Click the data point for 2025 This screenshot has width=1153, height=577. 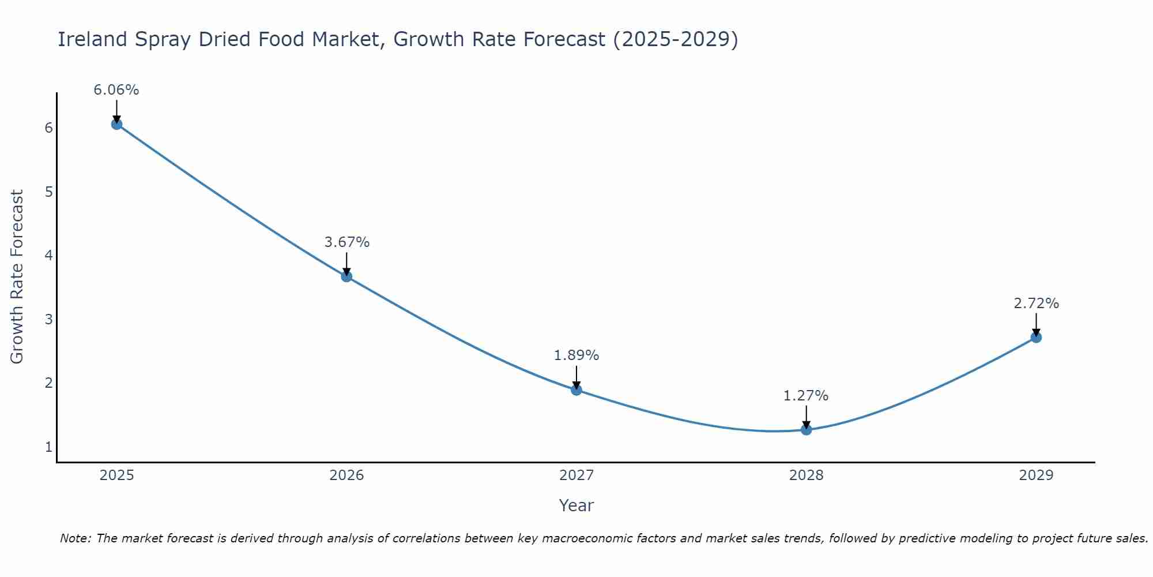click(116, 124)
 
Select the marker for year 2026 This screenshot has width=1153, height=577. click(346, 276)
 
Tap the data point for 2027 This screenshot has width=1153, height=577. click(576, 390)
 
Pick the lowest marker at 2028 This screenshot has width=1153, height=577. click(806, 429)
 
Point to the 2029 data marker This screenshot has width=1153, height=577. click(1036, 337)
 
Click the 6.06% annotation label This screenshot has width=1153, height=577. click(116, 90)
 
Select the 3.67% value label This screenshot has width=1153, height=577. click(346, 242)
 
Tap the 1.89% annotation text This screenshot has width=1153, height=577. click(576, 355)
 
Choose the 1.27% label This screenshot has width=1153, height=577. click(806, 396)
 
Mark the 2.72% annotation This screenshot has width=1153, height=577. click(1036, 304)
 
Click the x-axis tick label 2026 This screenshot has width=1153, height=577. click(346, 475)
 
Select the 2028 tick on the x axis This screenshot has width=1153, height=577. click(806, 475)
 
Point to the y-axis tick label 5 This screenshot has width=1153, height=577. click(48, 192)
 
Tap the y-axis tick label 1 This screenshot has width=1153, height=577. click(48, 447)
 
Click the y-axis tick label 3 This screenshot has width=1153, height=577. click(48, 319)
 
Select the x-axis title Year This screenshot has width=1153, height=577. click(576, 505)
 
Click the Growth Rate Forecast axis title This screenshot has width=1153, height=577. click(17, 277)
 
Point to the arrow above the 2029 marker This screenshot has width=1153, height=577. click(1036, 324)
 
